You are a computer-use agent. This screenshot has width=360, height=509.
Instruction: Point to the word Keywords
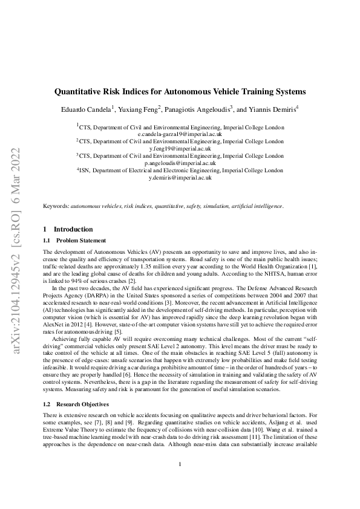point(56,206)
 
